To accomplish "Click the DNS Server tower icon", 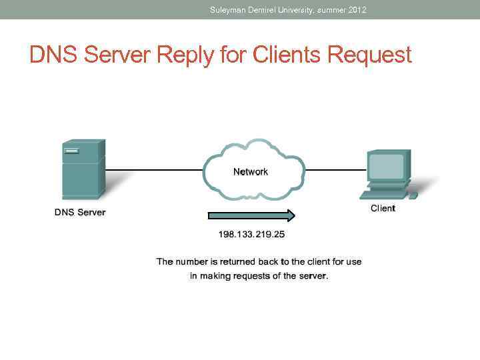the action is click(83, 169).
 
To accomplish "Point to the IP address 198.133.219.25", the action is click(252, 234).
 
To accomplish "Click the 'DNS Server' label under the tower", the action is click(80, 213).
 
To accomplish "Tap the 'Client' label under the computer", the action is click(383, 208).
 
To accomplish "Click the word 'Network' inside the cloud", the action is click(251, 172).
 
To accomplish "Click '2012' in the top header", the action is click(357, 10).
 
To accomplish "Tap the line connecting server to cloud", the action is click(153, 169).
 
